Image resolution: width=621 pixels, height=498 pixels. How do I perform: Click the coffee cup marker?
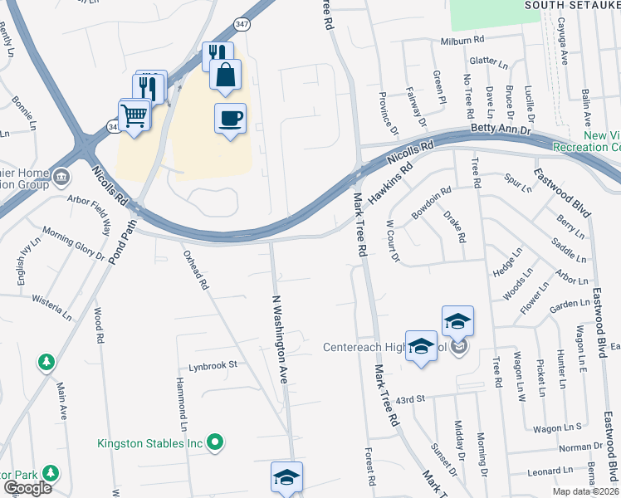230,118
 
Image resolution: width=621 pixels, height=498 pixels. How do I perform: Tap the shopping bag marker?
226,75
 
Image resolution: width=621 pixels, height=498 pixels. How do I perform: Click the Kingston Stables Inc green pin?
216,443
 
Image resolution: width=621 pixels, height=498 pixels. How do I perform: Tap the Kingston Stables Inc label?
150,444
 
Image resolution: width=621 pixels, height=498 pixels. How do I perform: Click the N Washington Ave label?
280,339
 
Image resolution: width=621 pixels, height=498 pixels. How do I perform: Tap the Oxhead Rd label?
196,271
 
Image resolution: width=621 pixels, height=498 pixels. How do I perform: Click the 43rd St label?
410,399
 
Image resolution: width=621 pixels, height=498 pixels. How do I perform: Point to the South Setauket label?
572,6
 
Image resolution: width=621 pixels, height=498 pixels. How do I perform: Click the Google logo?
27,488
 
